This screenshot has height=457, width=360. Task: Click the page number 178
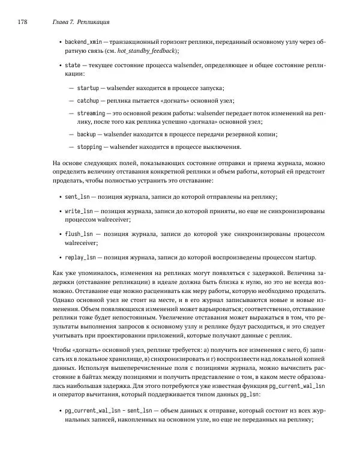pos(23,22)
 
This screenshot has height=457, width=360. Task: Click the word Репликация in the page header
pos(93,22)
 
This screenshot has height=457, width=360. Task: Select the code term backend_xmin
pos(83,42)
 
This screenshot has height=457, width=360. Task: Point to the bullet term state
pos(73,65)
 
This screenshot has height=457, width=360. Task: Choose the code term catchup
pos(88,100)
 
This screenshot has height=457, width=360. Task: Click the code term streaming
pos(91,112)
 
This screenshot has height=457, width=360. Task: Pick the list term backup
pos(86,134)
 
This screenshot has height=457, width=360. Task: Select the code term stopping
pos(89,147)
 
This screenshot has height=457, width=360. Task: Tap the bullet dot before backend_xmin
pos(59,42)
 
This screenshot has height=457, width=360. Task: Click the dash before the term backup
pos(71,134)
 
